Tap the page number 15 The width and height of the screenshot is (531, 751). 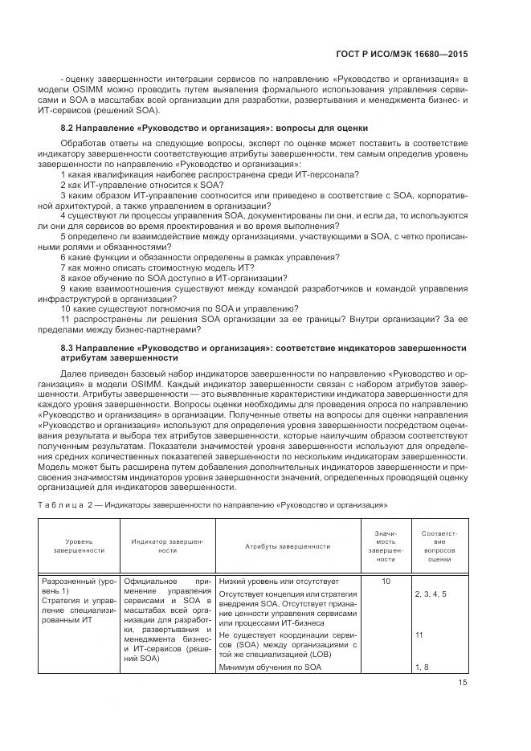click(x=462, y=682)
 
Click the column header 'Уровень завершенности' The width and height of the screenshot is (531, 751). click(x=79, y=546)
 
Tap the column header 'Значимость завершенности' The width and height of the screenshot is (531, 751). click(x=386, y=546)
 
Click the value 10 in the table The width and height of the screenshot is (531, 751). click(x=386, y=581)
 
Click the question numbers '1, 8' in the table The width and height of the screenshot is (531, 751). click(x=422, y=667)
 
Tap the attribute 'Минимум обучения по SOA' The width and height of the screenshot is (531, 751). click(x=264, y=667)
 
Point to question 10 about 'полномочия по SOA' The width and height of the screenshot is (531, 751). click(x=180, y=308)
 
